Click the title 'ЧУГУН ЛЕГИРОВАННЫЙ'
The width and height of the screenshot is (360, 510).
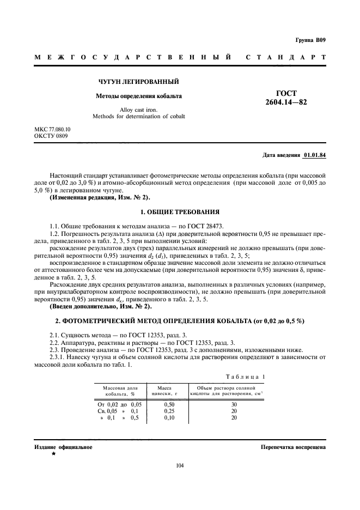pos(138,82)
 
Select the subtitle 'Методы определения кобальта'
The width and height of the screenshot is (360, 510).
pos(139,96)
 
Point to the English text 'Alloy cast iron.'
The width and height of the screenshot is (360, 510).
pos(138,110)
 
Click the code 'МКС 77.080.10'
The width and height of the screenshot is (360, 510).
pos(52,129)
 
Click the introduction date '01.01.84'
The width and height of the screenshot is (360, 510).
pos(314,155)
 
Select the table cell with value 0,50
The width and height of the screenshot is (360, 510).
pos(169,404)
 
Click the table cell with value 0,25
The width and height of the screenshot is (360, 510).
pos(169,411)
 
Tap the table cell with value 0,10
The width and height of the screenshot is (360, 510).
pos(169,417)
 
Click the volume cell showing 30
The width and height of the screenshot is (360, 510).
pos(234,404)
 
